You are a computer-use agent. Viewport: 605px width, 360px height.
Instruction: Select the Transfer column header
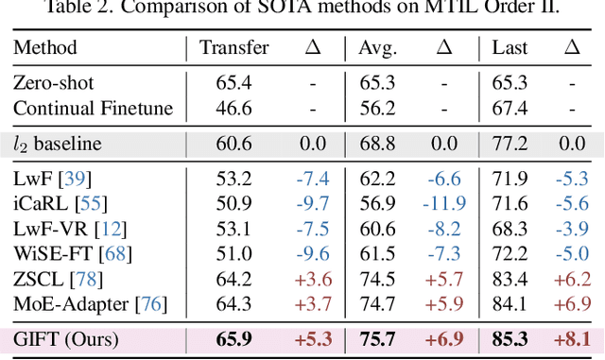(234, 47)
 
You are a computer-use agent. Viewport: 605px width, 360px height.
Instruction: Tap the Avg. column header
(377, 47)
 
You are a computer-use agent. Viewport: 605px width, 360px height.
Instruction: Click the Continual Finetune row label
(94, 109)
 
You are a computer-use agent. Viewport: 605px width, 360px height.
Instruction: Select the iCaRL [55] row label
(52, 202)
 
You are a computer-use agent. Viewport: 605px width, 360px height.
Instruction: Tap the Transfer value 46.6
(233, 109)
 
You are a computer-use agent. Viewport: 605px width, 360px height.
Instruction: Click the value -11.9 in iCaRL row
(444, 202)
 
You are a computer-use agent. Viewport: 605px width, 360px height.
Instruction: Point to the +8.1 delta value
(569, 339)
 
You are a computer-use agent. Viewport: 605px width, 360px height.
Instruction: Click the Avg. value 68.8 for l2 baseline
(377, 144)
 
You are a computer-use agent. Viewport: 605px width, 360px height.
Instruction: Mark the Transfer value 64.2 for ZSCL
(233, 278)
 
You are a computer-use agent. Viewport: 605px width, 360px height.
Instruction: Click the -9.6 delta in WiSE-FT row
(311, 252)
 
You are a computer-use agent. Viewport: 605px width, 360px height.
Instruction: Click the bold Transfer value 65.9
(233, 339)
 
